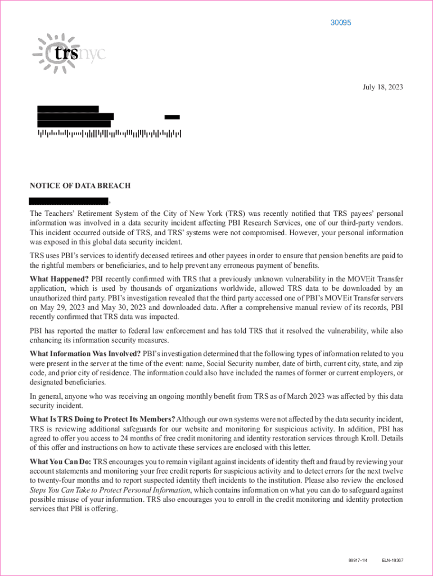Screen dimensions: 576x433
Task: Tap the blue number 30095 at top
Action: [x=340, y=23]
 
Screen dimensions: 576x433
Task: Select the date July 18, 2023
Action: [x=382, y=87]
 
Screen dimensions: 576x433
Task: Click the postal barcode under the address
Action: [x=109, y=134]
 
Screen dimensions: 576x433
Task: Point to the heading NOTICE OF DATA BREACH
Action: [x=80, y=186]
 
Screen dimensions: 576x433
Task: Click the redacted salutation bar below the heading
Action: [x=69, y=201]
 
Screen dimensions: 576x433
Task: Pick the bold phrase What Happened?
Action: [x=59, y=279]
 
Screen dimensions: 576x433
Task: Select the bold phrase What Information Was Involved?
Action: [x=85, y=354]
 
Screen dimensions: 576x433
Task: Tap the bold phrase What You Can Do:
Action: [x=60, y=461]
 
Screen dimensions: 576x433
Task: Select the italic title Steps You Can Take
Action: [x=105, y=489]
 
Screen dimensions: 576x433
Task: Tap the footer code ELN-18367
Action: [x=393, y=560]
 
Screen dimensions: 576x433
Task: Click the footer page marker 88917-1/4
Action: [x=358, y=560]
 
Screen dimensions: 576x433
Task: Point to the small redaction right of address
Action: [x=172, y=117]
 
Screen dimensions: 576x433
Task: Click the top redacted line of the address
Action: [x=68, y=109]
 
